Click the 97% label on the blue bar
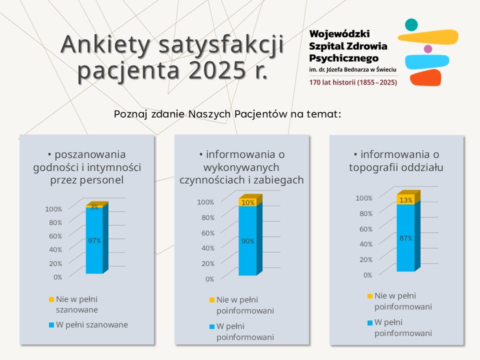94,240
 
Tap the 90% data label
248,241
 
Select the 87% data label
406,238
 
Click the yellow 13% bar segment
406,199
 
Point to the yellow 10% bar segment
248,201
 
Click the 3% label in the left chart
94,206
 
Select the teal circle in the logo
411,24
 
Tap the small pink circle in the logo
428,49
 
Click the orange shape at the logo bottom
425,77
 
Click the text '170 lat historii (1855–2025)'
353,82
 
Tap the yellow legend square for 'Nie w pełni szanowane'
51,299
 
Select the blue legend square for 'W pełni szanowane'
51,325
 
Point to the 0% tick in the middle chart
210,279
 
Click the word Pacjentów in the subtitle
259,114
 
